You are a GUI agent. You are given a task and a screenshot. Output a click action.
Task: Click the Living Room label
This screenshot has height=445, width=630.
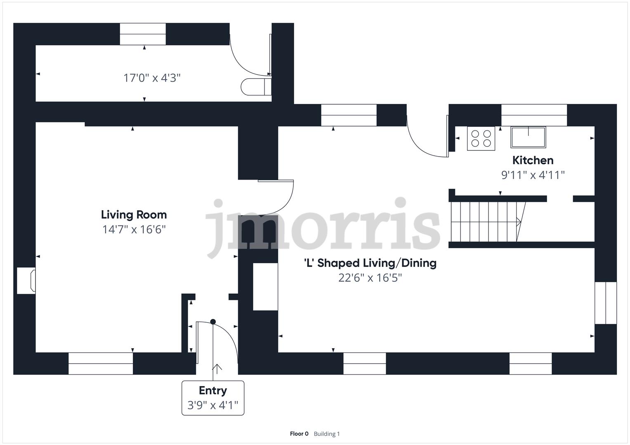(134, 215)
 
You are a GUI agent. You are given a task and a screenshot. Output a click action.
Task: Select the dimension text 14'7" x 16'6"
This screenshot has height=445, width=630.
(134, 230)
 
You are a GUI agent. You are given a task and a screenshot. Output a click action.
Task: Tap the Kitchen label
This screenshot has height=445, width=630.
(533, 160)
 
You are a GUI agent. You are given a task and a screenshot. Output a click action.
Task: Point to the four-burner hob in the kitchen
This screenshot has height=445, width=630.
(481, 138)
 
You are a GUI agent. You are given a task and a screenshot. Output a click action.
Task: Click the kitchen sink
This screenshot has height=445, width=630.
(528, 137)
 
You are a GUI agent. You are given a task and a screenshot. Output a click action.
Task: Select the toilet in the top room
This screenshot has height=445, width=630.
(255, 87)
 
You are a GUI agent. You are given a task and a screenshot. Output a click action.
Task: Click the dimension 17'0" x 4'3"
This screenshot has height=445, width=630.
(152, 78)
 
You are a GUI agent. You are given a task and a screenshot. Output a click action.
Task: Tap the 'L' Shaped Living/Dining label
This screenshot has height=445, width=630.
(370, 263)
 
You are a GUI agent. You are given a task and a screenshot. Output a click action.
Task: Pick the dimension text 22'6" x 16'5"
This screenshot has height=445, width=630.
(370, 278)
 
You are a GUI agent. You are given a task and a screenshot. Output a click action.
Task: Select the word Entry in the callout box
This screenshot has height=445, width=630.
(213, 391)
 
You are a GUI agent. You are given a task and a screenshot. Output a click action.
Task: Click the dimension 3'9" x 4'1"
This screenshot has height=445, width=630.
(213, 405)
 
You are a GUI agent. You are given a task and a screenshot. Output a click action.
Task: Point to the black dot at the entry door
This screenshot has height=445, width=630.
(213, 322)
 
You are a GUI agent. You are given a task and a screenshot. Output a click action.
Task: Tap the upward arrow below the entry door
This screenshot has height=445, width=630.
(217, 368)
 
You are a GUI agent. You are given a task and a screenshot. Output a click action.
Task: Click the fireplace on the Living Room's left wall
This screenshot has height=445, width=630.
(26, 281)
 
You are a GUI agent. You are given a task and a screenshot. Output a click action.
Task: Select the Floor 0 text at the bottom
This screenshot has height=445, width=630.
(299, 434)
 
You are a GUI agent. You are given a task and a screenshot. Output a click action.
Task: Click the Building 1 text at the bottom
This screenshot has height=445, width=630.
(327, 434)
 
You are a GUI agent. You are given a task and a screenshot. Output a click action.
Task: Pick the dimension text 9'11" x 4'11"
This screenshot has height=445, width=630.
(533, 175)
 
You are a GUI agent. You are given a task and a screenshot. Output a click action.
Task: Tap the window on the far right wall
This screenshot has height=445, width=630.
(605, 303)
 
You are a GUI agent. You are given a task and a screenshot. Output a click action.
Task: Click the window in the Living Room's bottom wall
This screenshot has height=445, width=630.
(101, 363)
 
